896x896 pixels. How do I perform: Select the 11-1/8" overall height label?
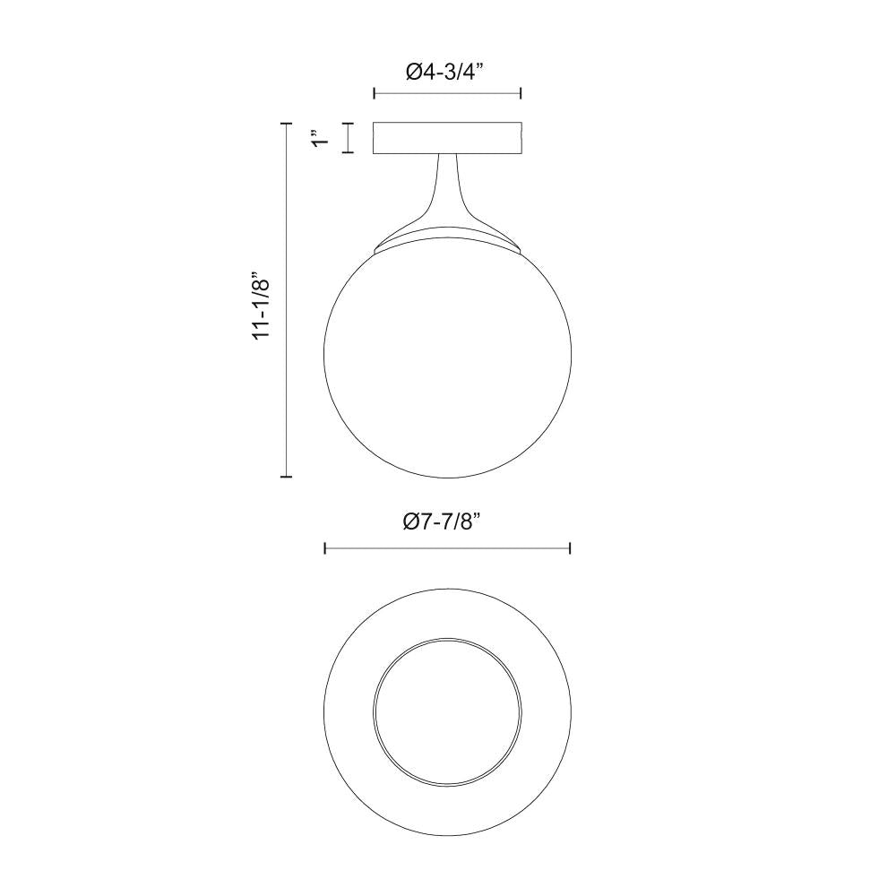click(262, 305)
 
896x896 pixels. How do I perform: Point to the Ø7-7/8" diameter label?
click(445, 521)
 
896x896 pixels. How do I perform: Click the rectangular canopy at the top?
click(447, 138)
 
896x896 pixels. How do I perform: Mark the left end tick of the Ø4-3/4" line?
click(374, 94)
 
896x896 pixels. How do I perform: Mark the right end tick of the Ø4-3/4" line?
click(521, 94)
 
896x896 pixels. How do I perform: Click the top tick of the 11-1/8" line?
click(287, 123)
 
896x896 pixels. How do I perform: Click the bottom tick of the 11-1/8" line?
click(287, 477)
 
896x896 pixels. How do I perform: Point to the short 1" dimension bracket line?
click(347, 138)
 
